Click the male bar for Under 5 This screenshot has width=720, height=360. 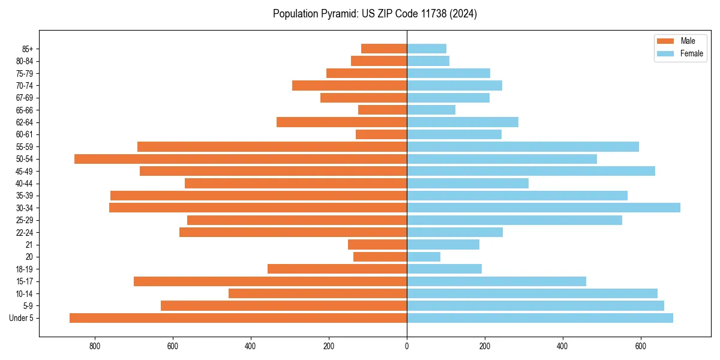(238, 318)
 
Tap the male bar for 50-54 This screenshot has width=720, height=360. (241, 159)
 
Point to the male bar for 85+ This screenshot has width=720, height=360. (384, 49)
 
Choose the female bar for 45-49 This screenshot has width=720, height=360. (531, 171)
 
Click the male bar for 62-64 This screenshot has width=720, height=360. (341, 122)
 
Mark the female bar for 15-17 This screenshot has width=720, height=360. (496, 281)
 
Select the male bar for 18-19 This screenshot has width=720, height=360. (337, 269)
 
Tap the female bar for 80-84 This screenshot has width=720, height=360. (428, 61)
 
